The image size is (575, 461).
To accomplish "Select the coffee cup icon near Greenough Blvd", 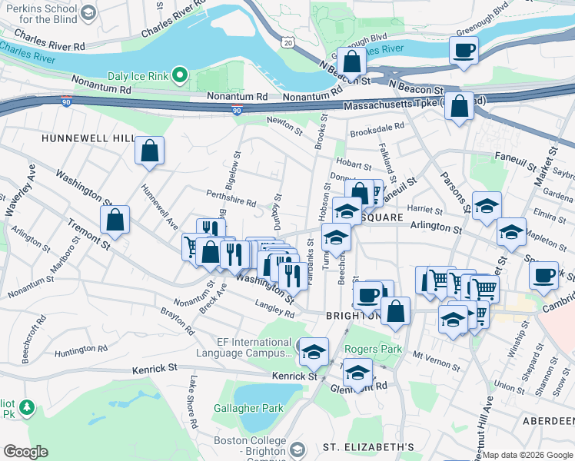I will tap(464, 51).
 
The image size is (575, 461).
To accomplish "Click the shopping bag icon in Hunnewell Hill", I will tap(149, 151).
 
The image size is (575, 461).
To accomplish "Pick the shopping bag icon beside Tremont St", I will tap(115, 220).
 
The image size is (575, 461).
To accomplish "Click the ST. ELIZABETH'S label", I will tap(368, 447).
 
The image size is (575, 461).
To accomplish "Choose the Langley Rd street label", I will tap(274, 313).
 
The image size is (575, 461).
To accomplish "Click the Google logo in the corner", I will tap(25, 452).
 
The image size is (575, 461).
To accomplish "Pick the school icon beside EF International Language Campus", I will tap(313, 352).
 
